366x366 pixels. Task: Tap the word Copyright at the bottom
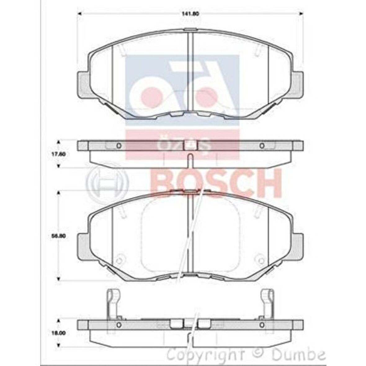pyautogui.click(x=205, y=354)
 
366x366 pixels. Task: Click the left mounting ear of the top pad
pyautogui.click(x=83, y=84)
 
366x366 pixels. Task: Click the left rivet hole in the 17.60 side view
pyautogui.click(x=118, y=145)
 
